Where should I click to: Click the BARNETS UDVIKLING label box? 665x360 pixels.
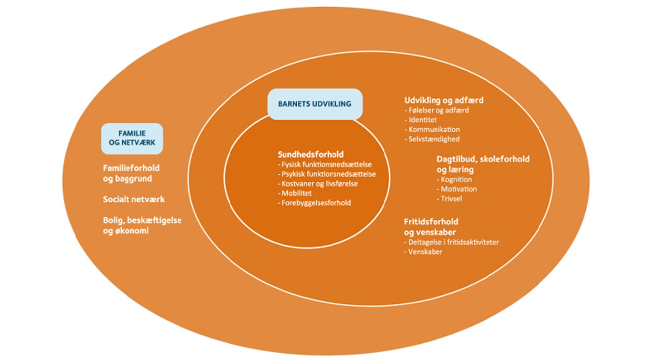[315, 104]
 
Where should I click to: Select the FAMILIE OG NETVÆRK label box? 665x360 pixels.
[132, 138]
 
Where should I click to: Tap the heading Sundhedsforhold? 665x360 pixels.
[311, 154]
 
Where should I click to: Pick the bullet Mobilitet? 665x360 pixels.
[296, 193]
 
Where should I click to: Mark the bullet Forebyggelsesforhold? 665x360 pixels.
[316, 203]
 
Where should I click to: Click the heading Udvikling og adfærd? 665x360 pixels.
[443, 100]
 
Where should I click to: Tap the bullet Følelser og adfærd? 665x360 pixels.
[437, 110]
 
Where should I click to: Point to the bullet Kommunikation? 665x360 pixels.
[432, 129]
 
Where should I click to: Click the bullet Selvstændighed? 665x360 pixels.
[432, 139]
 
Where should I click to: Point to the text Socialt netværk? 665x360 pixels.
[134, 200]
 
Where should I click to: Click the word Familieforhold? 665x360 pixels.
[131, 168]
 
